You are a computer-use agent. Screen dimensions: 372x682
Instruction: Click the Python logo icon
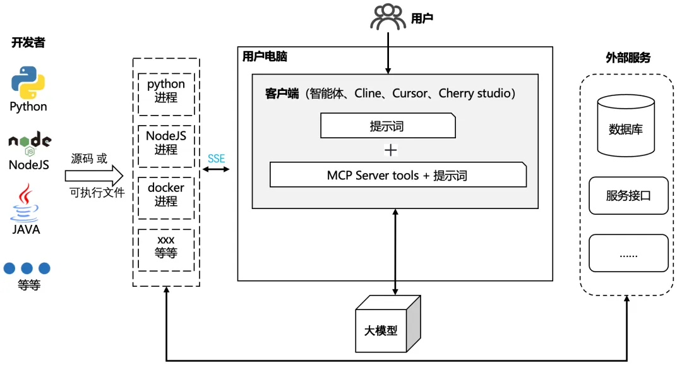tap(28, 82)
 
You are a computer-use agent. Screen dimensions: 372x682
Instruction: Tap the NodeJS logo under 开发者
tap(29, 143)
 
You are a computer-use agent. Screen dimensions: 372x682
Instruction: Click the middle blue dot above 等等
tap(27, 268)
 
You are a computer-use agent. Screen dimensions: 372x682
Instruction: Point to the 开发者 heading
tap(28, 43)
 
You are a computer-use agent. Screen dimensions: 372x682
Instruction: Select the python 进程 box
tap(166, 92)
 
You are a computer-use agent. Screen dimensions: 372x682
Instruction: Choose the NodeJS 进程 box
tap(166, 143)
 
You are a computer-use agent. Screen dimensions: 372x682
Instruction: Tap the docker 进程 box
tap(166, 195)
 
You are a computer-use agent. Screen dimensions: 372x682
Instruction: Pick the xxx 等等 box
tap(166, 247)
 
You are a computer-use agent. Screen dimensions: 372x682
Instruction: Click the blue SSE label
tap(216, 159)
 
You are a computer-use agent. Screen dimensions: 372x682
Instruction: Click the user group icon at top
tap(388, 17)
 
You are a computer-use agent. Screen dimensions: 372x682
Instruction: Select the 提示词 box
tap(388, 126)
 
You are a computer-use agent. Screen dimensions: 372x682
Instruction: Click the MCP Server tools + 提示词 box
tap(398, 175)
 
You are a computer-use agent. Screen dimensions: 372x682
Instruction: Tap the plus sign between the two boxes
tap(391, 150)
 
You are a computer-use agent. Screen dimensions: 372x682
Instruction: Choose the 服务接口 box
tap(628, 196)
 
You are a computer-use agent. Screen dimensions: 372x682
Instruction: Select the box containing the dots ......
tap(628, 254)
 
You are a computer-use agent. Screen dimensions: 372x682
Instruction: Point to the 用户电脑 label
tap(265, 57)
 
